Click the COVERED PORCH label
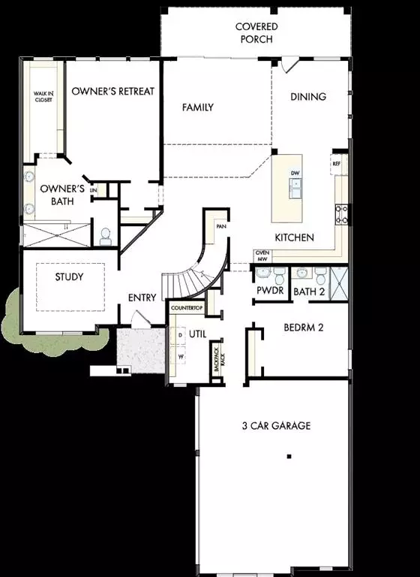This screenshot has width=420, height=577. click(256, 32)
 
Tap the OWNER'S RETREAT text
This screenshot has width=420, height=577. click(112, 91)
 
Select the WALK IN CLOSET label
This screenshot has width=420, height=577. click(43, 96)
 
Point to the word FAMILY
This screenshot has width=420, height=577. click(198, 107)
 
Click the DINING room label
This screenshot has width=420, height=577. click(308, 96)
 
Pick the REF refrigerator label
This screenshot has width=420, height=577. click(337, 162)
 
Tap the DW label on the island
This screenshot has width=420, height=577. click(295, 174)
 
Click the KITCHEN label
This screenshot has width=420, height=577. click(293, 237)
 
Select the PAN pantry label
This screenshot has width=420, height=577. click(220, 225)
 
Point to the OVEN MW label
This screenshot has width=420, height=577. click(262, 256)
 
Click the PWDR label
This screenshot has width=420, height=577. click(269, 291)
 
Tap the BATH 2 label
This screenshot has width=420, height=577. click(308, 291)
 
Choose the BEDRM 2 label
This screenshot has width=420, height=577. click(303, 328)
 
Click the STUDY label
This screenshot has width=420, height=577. click(69, 276)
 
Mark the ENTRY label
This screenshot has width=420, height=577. click(142, 298)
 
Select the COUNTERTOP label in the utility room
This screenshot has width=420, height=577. click(187, 309)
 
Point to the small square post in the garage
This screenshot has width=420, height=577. click(289, 456)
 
